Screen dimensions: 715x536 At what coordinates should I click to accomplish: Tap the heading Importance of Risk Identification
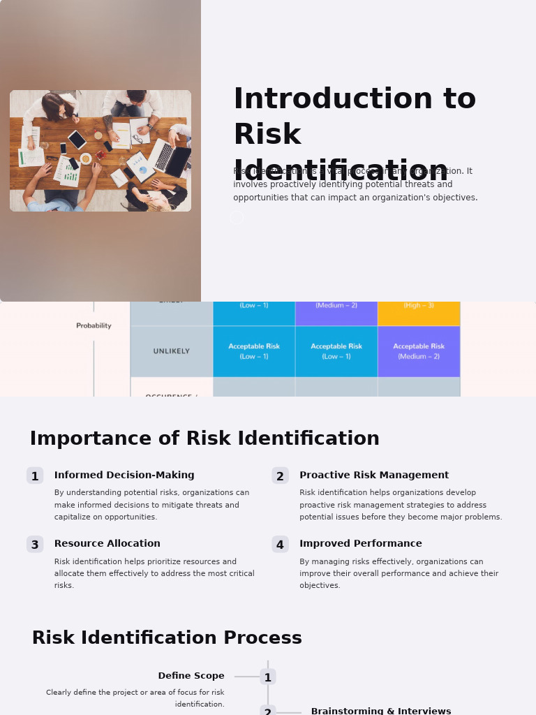point(204,439)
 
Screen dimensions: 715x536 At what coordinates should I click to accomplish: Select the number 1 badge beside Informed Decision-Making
point(35,476)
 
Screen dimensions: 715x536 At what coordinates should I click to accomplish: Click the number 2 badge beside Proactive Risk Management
point(280,476)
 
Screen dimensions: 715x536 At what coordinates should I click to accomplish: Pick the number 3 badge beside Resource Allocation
point(35,545)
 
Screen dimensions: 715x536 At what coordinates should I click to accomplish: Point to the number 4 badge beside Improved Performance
point(280,545)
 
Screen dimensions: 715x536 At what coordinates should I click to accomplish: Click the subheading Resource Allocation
point(107,544)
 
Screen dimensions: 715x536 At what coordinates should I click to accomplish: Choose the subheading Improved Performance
point(361,544)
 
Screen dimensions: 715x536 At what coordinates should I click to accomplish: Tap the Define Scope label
point(191,676)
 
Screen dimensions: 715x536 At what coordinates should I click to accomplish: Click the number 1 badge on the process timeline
point(268,677)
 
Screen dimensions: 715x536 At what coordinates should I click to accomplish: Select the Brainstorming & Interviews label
point(381,711)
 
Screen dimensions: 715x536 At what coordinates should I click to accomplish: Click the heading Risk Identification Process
point(167,638)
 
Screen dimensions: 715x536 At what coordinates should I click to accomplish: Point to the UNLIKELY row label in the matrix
point(172,351)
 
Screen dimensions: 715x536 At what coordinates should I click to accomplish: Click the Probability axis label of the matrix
point(94,325)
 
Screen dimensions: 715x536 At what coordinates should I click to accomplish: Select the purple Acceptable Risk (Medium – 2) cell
point(419,351)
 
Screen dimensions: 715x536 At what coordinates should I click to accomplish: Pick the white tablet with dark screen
point(77,140)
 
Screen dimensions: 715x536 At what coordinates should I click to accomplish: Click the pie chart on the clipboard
point(143,170)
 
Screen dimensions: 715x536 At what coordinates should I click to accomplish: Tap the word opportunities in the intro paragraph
point(259,198)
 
